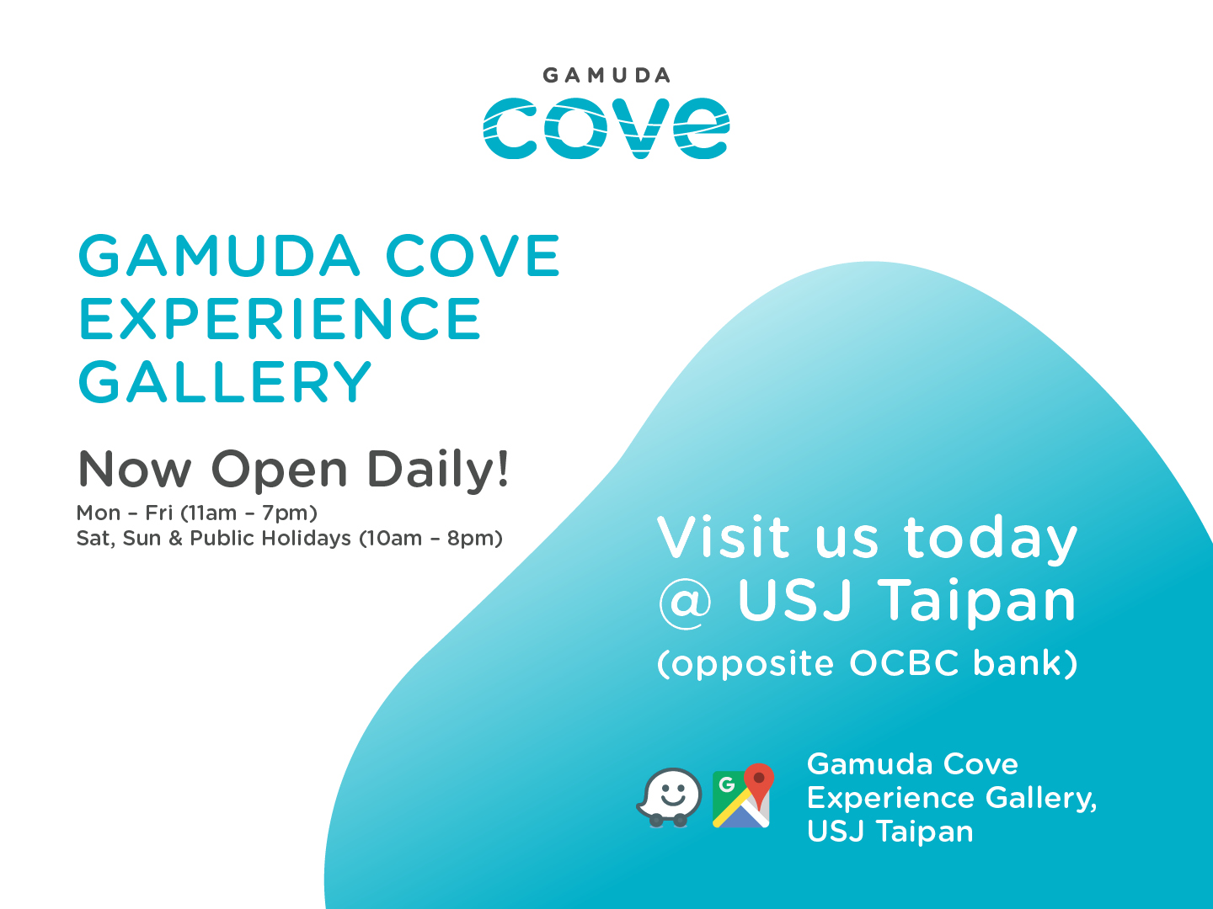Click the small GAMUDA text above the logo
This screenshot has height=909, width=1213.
606,75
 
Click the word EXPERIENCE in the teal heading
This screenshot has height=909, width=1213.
280,318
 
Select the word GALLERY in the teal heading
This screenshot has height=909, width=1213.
224,381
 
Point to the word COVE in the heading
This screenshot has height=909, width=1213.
473,255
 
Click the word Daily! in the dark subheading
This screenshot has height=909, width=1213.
437,470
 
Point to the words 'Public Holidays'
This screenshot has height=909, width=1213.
270,538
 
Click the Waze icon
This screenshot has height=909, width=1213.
669,798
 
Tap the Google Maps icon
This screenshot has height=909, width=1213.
743,796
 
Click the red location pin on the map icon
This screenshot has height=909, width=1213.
759,783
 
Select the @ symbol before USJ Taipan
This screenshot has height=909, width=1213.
685,603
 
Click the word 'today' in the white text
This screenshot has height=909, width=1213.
991,538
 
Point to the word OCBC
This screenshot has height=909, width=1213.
904,662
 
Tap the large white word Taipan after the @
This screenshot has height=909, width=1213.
977,601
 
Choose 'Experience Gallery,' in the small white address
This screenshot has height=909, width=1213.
952,799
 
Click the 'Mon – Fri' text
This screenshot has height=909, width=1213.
125,513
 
